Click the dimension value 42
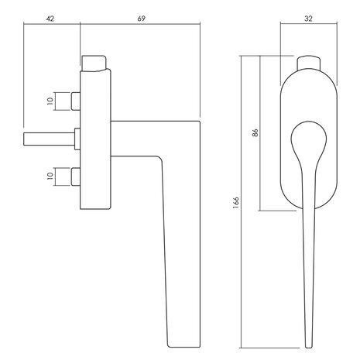pos(50,19)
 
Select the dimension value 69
pos(141,19)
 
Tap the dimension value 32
pos(308,19)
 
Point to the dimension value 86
pos(255,132)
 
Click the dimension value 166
pos(236,203)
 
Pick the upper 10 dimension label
pos(50,101)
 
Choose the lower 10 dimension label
pos(50,176)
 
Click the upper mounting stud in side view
pos(75,101)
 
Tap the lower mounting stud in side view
pos(75,177)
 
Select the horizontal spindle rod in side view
pos(49,139)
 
